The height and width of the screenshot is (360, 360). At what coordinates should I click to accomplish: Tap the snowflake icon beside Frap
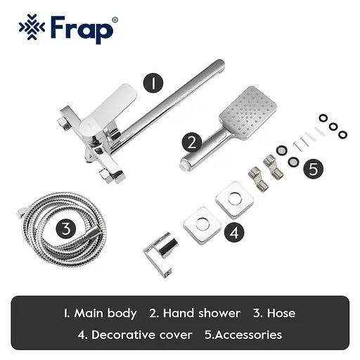pos(30,29)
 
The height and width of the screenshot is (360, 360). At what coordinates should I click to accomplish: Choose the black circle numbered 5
pos(314,169)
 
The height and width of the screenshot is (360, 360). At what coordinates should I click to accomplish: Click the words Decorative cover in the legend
pos(145,334)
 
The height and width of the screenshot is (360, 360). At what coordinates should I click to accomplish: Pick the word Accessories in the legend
pos(247,334)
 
